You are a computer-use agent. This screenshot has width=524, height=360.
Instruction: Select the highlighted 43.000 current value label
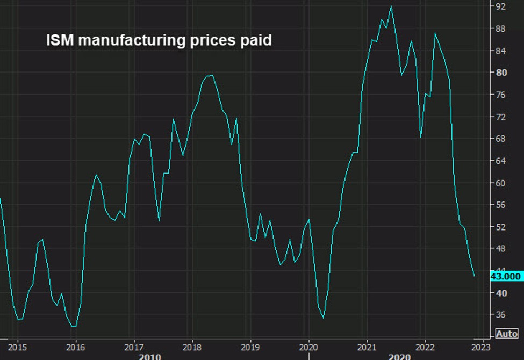[x=506, y=276]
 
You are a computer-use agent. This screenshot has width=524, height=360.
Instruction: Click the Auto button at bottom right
[x=507, y=334]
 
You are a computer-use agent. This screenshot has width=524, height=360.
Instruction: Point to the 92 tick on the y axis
[x=500, y=6]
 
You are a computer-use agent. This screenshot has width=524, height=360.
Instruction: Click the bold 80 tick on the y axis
[x=500, y=73]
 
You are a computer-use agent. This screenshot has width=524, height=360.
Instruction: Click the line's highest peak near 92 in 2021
[x=391, y=6]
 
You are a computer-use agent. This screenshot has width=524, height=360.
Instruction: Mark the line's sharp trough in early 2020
[x=324, y=318]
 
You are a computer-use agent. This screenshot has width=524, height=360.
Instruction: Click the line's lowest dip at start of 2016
[x=74, y=326]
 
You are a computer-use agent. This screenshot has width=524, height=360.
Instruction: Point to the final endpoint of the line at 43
[x=474, y=276]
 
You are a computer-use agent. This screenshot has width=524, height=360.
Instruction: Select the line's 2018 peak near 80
[x=211, y=75]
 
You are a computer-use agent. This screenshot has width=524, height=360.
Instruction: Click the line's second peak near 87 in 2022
[x=435, y=33]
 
